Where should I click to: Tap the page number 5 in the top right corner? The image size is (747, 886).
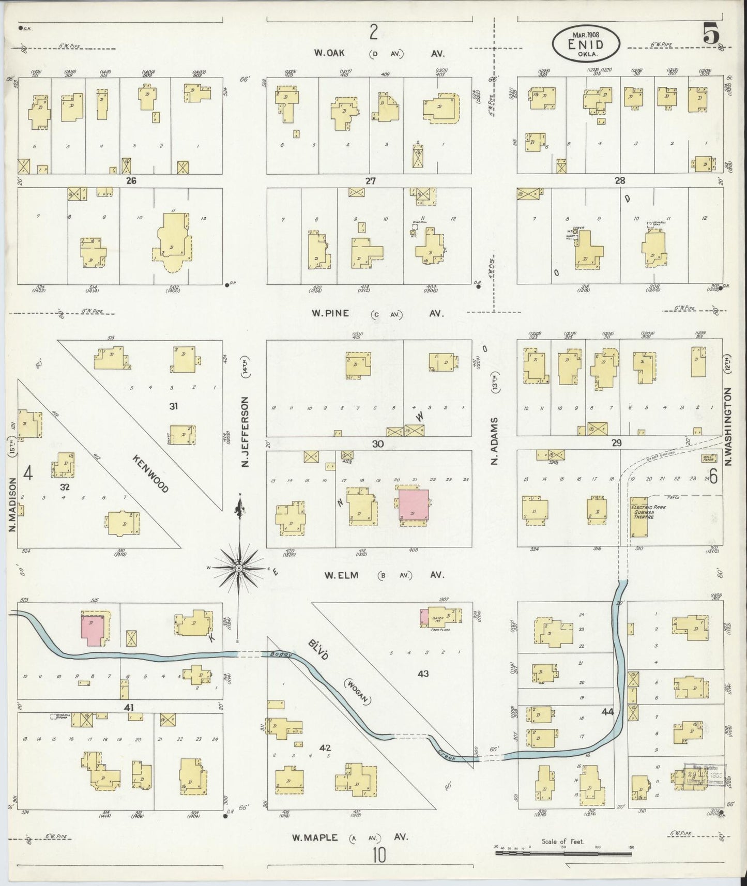(711, 35)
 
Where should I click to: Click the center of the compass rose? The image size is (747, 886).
(239, 568)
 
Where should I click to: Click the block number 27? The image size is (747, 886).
(370, 181)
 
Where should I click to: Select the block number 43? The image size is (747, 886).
(424, 674)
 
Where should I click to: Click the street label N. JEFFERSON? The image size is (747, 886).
(245, 433)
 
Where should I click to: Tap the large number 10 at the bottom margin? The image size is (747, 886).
(378, 856)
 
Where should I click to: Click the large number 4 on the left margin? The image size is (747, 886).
(28, 473)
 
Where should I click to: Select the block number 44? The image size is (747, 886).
(607, 712)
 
